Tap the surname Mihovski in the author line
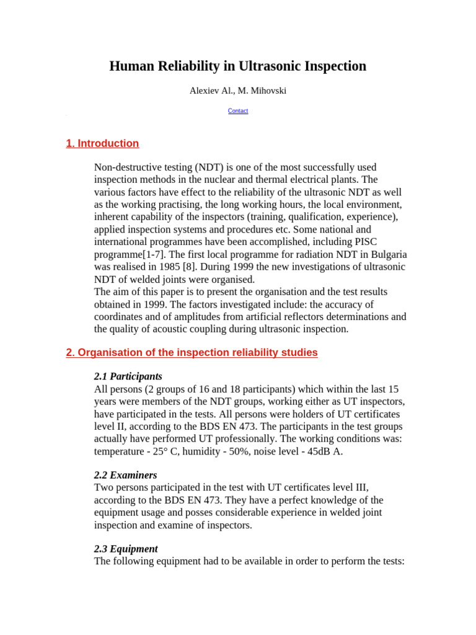point(267,91)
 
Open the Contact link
point(238,111)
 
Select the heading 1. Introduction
point(102,144)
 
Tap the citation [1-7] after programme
point(155,255)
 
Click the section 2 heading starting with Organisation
point(192,353)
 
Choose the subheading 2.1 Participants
point(128,376)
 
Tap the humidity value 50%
point(240,451)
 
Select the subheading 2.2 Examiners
point(125,475)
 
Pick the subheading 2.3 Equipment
point(126,549)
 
